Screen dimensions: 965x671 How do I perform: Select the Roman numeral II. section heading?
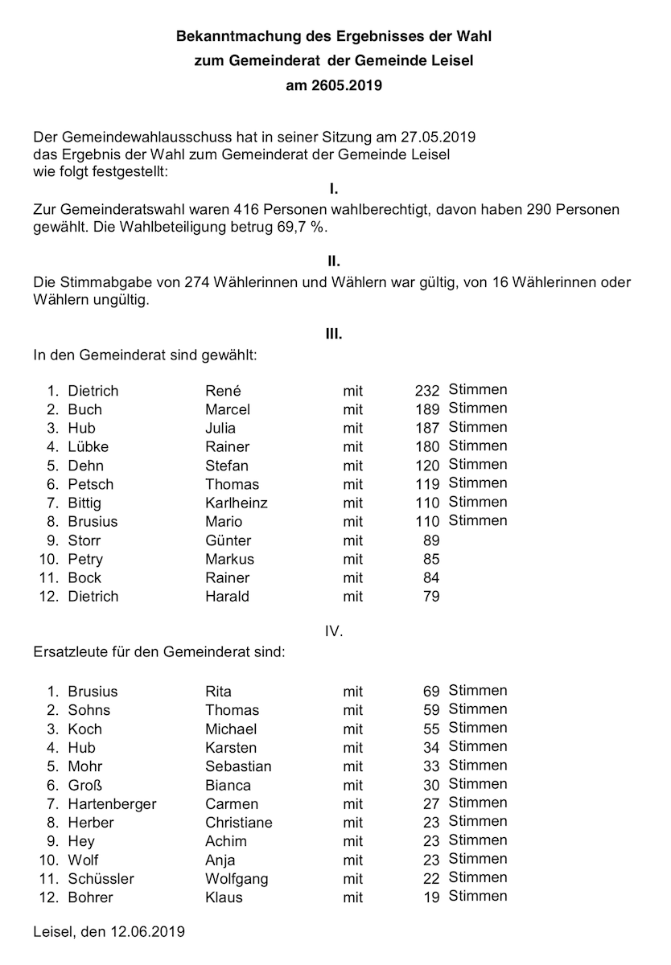point(334,261)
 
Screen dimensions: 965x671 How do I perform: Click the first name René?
point(223,391)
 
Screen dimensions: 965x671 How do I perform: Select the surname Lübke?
point(89,446)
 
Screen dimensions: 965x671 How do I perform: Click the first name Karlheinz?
point(237,503)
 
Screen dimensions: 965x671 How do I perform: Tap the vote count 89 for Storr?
point(431,540)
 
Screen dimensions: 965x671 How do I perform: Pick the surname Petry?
point(85,559)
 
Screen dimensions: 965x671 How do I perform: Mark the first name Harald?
point(227,596)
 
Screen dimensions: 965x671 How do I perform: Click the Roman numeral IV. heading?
point(334,631)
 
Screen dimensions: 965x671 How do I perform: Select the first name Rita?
point(218,692)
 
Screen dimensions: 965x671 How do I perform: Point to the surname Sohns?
point(89,710)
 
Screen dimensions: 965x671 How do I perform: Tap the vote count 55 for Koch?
point(431,729)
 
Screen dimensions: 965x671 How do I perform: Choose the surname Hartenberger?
point(113,804)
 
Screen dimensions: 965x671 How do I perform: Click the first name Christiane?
point(239,823)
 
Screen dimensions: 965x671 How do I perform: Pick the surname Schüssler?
point(101,879)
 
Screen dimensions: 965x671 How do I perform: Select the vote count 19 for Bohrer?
point(431,897)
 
